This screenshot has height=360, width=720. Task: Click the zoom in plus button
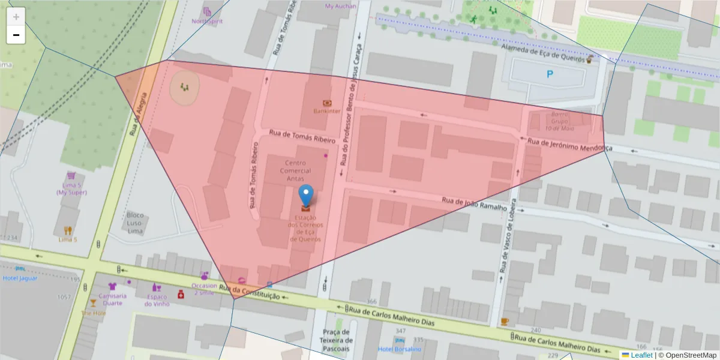pos(16,17)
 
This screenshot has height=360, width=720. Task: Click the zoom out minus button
pos(16,35)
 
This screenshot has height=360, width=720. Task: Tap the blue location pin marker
pos(306,196)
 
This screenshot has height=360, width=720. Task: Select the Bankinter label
pos(327,111)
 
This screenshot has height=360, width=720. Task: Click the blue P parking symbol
pos(550,75)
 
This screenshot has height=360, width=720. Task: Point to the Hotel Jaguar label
pos(20,278)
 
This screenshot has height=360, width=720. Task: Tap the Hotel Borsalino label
pos(399,349)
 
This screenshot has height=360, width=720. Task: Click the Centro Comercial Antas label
pos(295,170)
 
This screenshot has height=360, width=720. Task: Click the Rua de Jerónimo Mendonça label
pos(569,144)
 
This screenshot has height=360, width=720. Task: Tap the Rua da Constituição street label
pos(249,292)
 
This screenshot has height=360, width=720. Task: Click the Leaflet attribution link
pos(641,355)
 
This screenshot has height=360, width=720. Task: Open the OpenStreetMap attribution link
pos(690,355)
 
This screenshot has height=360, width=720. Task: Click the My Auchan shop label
pos(340,7)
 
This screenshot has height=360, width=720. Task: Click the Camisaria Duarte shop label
pos(112,299)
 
